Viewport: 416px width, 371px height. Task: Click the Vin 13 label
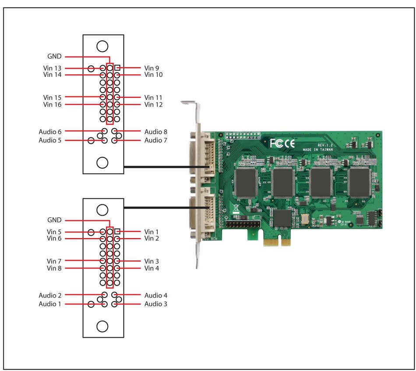pyautogui.click(x=52, y=68)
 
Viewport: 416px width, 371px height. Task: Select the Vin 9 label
pyautogui.click(x=152, y=68)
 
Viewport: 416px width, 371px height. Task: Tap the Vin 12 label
pyautogui.click(x=153, y=105)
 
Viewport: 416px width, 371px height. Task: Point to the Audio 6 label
pyautogui.click(x=50, y=131)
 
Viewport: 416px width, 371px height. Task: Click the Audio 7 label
pyautogui.click(x=155, y=140)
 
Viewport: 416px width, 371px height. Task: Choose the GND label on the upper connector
pyautogui.click(x=54, y=56)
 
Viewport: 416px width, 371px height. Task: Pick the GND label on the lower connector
pyautogui.click(x=54, y=220)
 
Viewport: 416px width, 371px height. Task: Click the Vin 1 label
pyautogui.click(x=152, y=231)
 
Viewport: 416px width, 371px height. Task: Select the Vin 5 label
pyautogui.click(x=54, y=232)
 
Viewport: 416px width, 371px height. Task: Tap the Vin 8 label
pyautogui.click(x=54, y=268)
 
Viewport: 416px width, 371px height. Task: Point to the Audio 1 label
pyautogui.click(x=50, y=304)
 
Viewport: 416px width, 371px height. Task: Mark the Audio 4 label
pyautogui.click(x=155, y=295)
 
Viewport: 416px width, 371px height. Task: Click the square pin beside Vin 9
pyautogui.click(x=117, y=68)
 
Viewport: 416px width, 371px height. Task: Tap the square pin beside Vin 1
pyautogui.click(x=117, y=231)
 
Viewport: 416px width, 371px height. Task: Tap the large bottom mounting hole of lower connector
pyautogui.click(x=102, y=326)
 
